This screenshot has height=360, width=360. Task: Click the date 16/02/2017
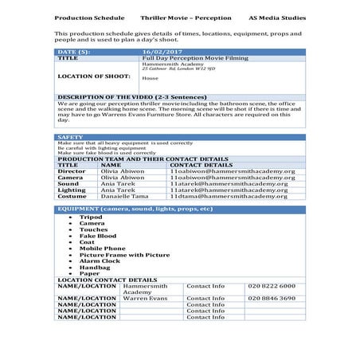click(x=156, y=52)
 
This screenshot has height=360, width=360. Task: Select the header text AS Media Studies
click(x=276, y=16)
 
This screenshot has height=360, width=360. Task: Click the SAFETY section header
click(x=70, y=137)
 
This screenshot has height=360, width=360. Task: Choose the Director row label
click(x=72, y=170)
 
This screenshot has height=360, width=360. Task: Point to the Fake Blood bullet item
click(x=97, y=236)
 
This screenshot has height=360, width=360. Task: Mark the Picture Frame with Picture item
click(x=123, y=254)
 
